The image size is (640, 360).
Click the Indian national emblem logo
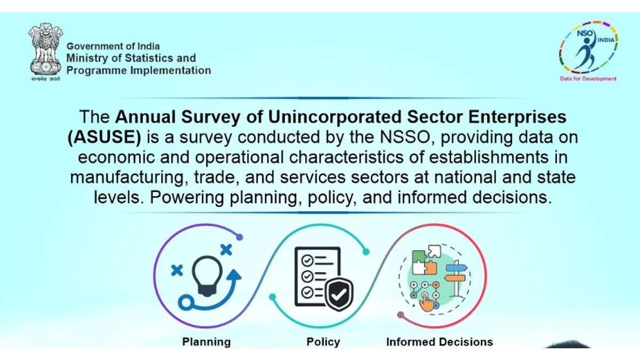click(x=46, y=52)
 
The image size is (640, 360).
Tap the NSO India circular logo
click(x=588, y=47)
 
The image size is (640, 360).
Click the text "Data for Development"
click(x=588, y=78)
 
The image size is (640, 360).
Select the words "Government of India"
click(x=113, y=46)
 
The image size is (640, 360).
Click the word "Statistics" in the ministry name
click(x=149, y=58)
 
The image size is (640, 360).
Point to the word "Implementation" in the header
click(x=171, y=70)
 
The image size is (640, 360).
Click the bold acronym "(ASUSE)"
click(x=105, y=137)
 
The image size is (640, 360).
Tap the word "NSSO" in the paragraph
click(x=405, y=137)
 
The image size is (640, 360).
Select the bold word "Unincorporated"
click(x=335, y=117)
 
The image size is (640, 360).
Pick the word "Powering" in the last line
click(x=187, y=198)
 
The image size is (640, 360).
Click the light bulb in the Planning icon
click(x=207, y=276)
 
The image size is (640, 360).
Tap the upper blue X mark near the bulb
click(x=226, y=250)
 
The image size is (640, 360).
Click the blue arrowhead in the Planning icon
click(x=235, y=275)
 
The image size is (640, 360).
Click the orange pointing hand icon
click(x=426, y=302)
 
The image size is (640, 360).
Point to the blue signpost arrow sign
click(x=457, y=268)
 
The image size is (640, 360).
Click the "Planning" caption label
click(x=206, y=342)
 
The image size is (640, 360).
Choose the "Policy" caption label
click(x=323, y=342)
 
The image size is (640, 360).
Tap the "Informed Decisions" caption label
click(x=439, y=342)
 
